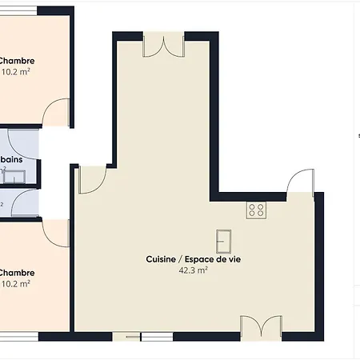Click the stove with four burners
pyautogui.click(x=256, y=210)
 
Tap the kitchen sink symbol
pyautogui.click(x=223, y=239)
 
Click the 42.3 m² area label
pyautogui.click(x=194, y=270)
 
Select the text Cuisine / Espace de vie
pyautogui.click(x=194, y=259)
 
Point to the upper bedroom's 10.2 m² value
pyautogui.click(x=16, y=72)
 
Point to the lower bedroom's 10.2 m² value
pyautogui.click(x=16, y=283)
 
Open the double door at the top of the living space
pyautogui.click(x=163, y=46)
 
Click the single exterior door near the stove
pyautogui.click(x=299, y=182)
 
